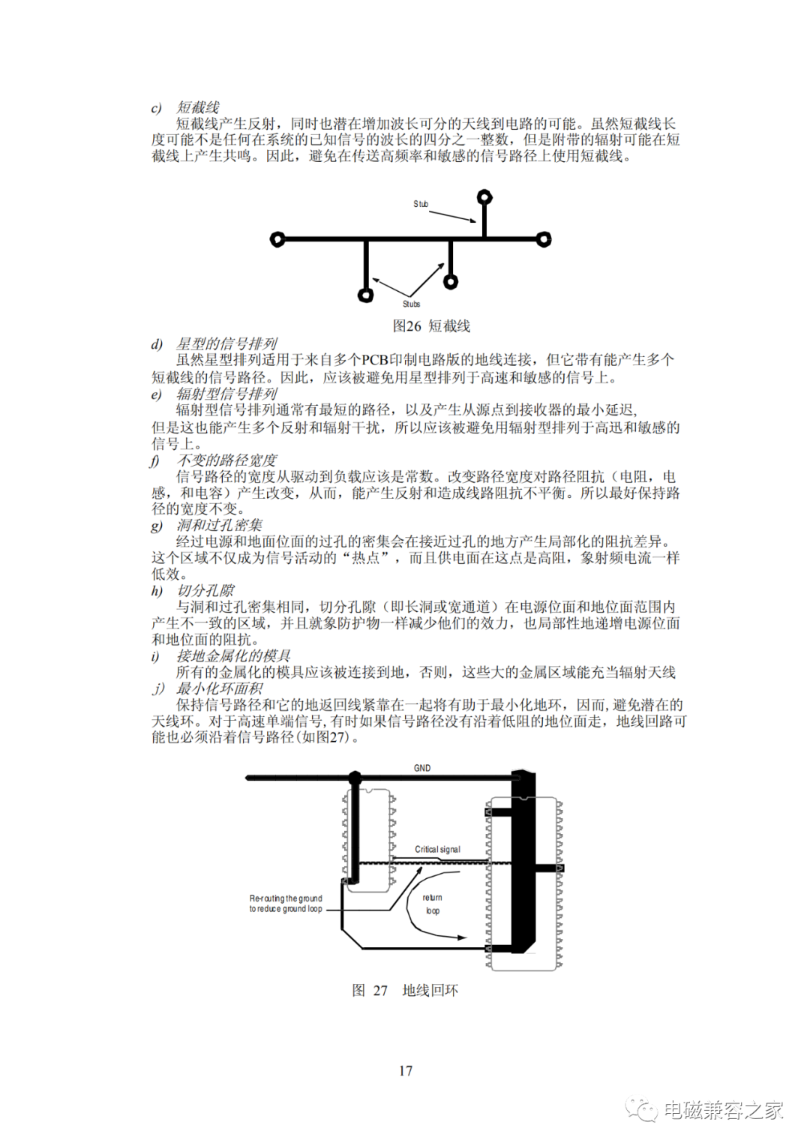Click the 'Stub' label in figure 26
(x=421, y=204)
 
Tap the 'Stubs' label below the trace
(x=412, y=304)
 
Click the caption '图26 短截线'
(x=431, y=326)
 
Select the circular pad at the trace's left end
(x=277, y=239)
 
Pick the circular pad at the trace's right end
(x=544, y=239)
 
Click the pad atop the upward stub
(x=484, y=197)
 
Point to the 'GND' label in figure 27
(x=422, y=768)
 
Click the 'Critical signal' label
(x=437, y=849)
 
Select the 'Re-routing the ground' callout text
(x=286, y=898)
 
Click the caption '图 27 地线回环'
(x=405, y=991)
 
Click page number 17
(x=405, y=1071)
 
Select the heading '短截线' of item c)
(x=197, y=107)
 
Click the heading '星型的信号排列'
(x=226, y=343)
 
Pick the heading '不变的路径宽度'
(x=226, y=460)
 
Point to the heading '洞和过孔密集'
(x=220, y=526)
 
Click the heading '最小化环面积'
(x=220, y=688)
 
